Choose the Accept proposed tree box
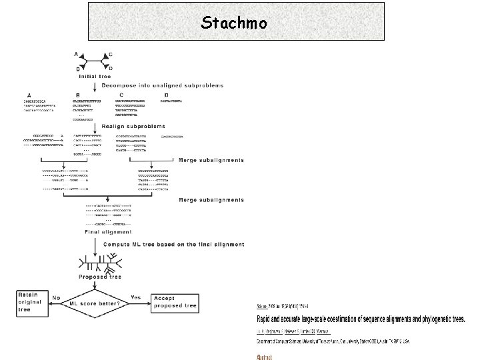[175, 301]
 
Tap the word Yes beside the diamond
[136, 297]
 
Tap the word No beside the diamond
[57, 297]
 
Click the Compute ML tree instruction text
[174, 245]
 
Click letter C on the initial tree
[111, 54]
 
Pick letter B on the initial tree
[78, 69]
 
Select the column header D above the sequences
[165, 95]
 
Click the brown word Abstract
[264, 357]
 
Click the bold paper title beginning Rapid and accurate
[361, 319]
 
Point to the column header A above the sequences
[29, 95]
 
